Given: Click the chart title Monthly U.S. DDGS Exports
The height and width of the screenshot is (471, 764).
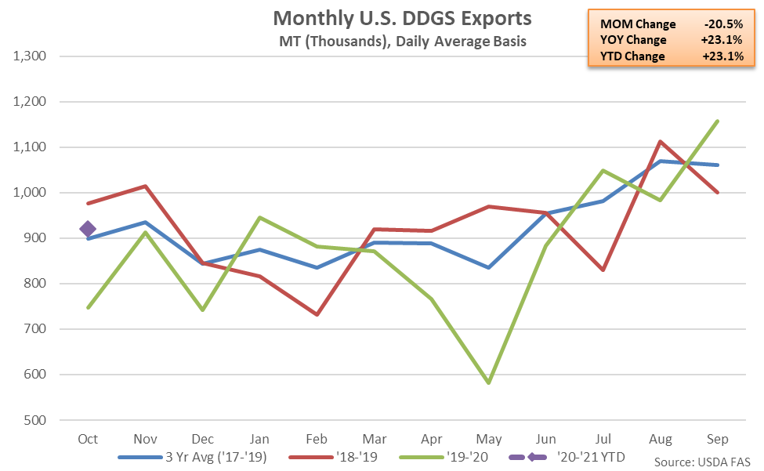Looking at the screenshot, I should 401,18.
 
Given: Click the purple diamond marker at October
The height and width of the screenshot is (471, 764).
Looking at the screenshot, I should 88,229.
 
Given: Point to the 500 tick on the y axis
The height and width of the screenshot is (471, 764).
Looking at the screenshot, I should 36,420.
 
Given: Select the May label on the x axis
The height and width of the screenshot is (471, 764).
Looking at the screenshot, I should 489,438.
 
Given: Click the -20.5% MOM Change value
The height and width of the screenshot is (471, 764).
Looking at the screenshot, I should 723,24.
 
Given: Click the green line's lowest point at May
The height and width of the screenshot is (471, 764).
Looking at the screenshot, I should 489,383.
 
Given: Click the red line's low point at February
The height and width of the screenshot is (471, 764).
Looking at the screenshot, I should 317,314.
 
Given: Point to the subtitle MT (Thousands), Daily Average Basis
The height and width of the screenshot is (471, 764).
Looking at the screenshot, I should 401,41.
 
